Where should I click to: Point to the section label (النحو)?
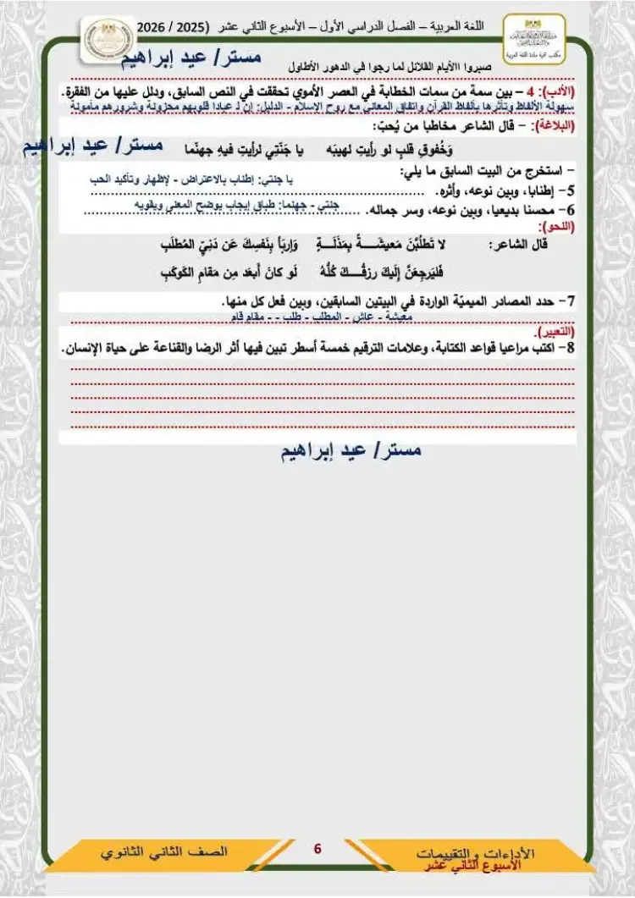[x=556, y=228]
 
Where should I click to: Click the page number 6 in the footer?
[x=317, y=848]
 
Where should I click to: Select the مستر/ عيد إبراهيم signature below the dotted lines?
[x=351, y=451]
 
